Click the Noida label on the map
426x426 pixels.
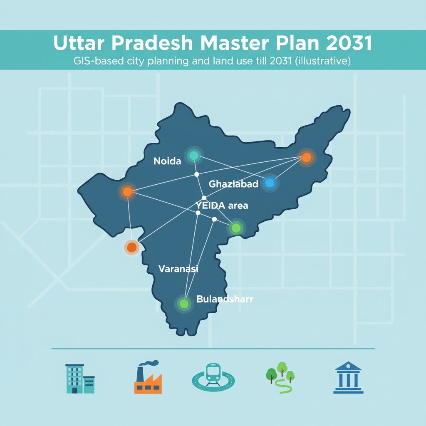click(x=167, y=161)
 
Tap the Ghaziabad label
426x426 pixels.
click(x=233, y=184)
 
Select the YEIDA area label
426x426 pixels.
click(x=222, y=205)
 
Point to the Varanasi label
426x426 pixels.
click(x=178, y=269)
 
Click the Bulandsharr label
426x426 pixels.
click(x=224, y=299)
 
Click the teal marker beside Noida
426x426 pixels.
click(x=193, y=156)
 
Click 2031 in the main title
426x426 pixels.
click(x=346, y=44)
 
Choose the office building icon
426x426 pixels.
click(x=80, y=379)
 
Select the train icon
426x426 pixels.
click(x=213, y=376)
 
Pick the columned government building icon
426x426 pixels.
click(x=348, y=377)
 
